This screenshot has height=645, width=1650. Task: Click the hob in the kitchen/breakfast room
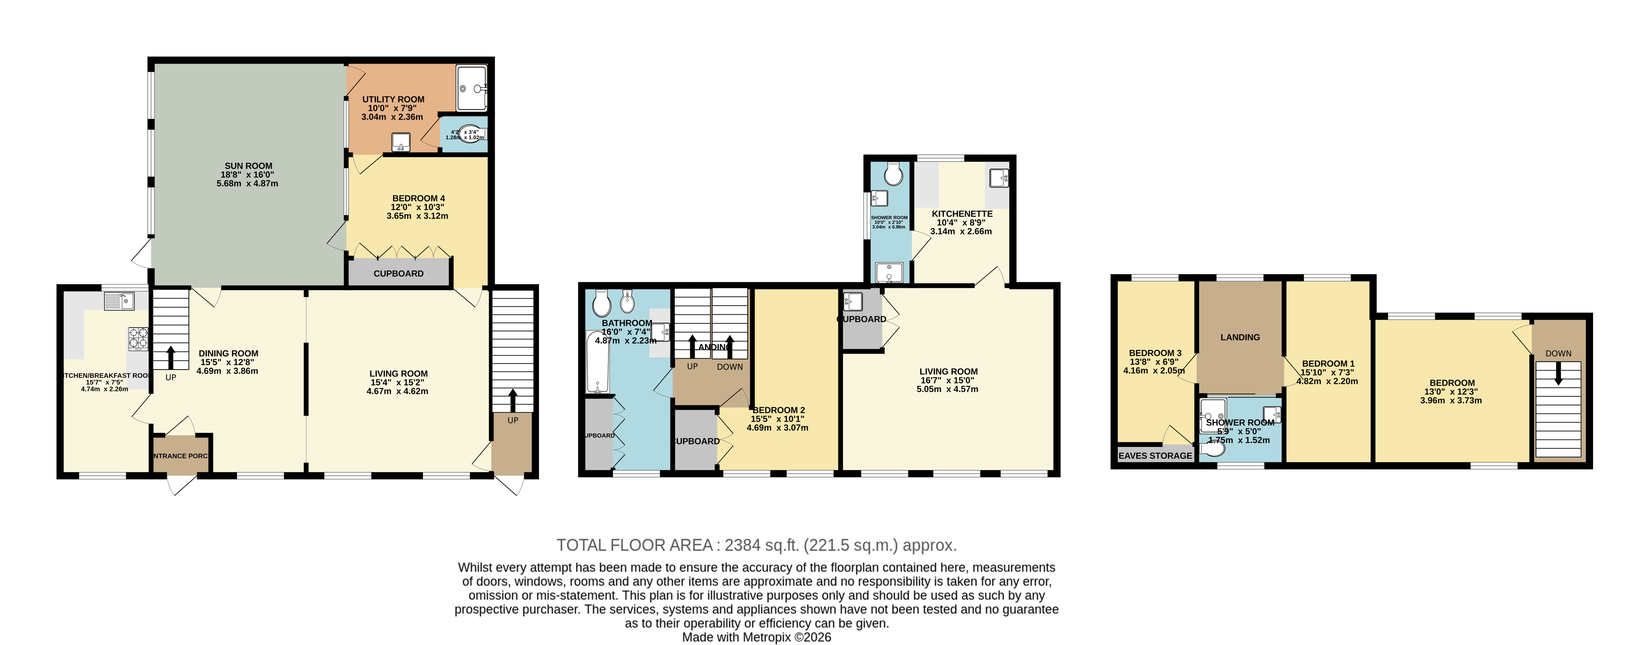(138, 339)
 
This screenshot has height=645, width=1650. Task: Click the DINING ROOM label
(228, 353)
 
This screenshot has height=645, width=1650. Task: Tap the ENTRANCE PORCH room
(181, 456)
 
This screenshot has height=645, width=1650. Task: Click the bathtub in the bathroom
(598, 362)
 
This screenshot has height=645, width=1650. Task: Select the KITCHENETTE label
(961, 214)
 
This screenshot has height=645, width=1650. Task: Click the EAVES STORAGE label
(1155, 456)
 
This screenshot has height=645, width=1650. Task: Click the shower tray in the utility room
(472, 88)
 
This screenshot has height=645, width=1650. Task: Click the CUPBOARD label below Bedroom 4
(399, 274)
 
